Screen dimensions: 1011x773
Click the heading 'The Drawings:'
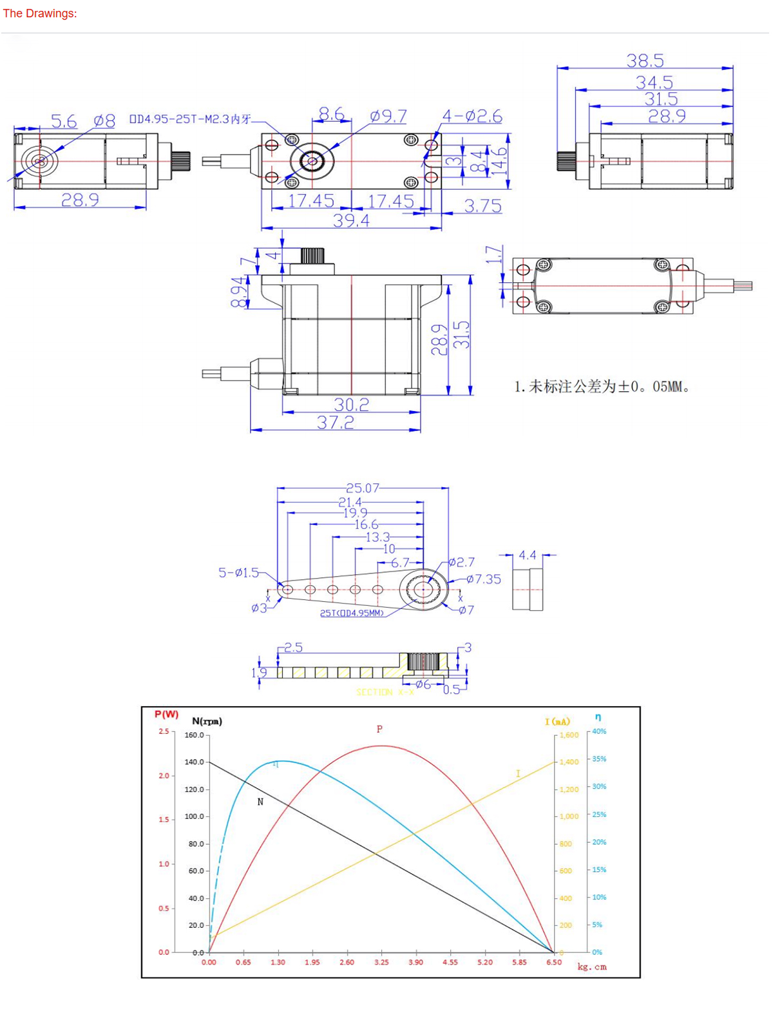click(x=40, y=14)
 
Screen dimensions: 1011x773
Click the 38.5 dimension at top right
click(x=645, y=61)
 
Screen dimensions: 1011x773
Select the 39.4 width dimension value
click(x=351, y=220)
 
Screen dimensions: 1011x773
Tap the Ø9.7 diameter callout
click(x=388, y=116)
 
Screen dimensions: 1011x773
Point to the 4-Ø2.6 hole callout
click(x=472, y=116)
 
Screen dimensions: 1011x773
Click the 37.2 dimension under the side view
click(x=335, y=423)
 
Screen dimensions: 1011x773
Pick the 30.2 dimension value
click(x=351, y=405)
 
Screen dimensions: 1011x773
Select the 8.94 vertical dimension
click(x=238, y=292)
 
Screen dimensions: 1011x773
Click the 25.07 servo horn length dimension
click(x=363, y=488)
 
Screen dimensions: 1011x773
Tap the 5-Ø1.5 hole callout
click(x=238, y=572)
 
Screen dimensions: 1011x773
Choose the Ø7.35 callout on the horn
click(x=484, y=579)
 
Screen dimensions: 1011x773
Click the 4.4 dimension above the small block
click(x=527, y=555)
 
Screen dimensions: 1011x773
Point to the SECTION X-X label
click(x=385, y=692)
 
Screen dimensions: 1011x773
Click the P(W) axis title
click(x=166, y=714)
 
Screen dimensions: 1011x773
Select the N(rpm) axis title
click(x=207, y=721)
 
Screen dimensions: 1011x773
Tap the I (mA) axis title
click(x=557, y=721)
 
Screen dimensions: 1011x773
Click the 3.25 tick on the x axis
click(x=381, y=962)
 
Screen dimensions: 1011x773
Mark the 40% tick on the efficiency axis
click(x=599, y=731)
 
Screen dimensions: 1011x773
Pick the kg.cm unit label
click(x=591, y=967)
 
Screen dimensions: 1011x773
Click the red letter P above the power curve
click(x=379, y=729)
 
